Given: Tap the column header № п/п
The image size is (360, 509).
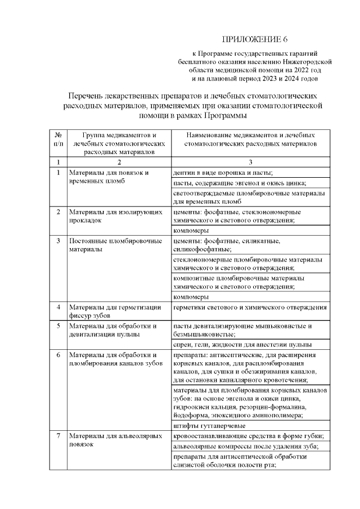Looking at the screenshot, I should (58, 139).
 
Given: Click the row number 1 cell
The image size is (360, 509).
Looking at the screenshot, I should (58, 172).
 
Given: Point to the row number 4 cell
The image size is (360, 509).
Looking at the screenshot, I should (58, 307).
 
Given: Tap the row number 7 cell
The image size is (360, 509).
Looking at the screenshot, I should (58, 436).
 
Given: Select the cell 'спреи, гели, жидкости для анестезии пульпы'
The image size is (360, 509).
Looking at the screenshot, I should (242, 345).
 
